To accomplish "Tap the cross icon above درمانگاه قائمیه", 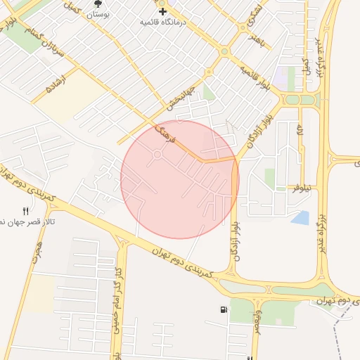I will tap(162, 11).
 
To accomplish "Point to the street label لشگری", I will tap(257, 13).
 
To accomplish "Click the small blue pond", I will tap(300, 218).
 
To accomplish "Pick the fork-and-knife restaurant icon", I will tap(26, 210).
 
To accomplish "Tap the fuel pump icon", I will tap(224, 310).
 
